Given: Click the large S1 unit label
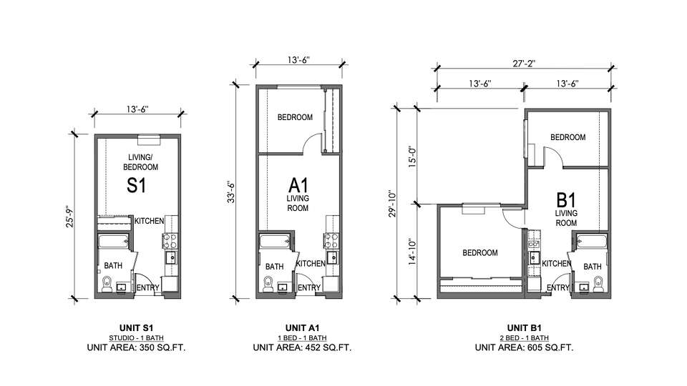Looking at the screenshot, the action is [136, 185].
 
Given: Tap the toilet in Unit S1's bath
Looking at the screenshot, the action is [107, 284].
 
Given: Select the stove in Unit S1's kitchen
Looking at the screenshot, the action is [170, 241].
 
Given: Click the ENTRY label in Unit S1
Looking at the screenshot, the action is [147, 287].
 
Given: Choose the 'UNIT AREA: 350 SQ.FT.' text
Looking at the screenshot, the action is [136, 348].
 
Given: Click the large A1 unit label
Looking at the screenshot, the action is [298, 185].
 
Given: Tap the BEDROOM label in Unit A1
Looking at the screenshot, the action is [295, 117].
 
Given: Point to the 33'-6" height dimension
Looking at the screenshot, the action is [233, 192].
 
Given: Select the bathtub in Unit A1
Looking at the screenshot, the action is [275, 241].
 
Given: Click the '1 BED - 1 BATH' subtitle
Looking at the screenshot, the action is [302, 338].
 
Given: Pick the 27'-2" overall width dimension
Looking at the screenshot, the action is [524, 64].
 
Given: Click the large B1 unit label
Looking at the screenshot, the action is [565, 200].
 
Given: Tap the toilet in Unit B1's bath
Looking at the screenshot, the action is [599, 284].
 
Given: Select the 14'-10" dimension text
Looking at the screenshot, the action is [412, 252].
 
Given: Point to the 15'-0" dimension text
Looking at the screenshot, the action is [412, 157].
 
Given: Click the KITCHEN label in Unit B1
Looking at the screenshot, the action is [557, 264].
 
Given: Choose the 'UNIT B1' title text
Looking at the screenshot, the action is [525, 328].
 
